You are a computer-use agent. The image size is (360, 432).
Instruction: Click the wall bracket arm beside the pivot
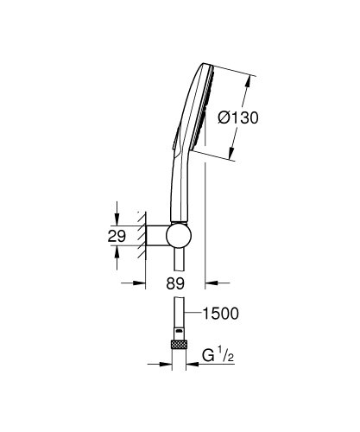155,235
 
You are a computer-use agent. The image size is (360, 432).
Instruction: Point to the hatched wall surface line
138,235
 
